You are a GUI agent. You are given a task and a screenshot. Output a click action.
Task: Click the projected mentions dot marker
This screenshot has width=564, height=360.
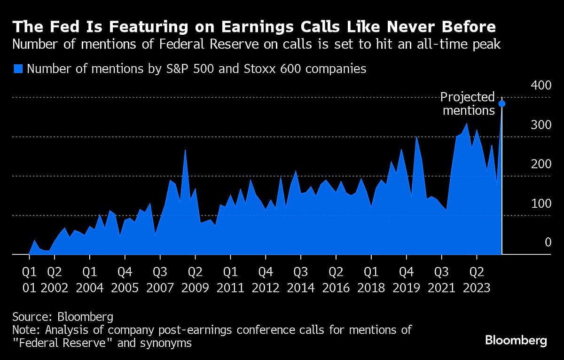click(502, 104)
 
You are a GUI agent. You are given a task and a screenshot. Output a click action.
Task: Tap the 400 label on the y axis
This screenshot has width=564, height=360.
click(541, 86)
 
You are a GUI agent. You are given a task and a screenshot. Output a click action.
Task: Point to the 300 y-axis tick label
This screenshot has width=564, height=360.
click(541, 125)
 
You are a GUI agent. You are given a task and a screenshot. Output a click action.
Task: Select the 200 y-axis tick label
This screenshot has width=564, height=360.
click(541, 164)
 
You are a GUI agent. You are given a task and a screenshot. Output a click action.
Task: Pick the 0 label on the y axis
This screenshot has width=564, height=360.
click(548, 243)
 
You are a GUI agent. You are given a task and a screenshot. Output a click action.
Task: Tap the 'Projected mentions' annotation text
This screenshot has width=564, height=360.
click(468, 104)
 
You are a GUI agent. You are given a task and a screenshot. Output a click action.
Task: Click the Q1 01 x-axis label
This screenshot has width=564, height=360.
click(29, 280)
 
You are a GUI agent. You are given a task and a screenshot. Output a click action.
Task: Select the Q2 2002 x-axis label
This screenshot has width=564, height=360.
click(55, 280)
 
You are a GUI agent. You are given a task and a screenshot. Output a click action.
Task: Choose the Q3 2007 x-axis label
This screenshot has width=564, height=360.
click(160, 280)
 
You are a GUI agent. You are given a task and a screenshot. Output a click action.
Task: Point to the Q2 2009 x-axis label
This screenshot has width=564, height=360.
click(195, 280)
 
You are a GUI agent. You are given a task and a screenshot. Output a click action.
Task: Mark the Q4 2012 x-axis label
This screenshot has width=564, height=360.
click(266, 280)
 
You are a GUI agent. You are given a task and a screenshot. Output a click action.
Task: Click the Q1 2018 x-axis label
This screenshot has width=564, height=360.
click(371, 280)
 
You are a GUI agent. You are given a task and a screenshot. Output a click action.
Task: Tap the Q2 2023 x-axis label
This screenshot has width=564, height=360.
click(477, 280)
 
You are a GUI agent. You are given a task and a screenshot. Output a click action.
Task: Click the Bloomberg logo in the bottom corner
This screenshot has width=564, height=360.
click(516, 341)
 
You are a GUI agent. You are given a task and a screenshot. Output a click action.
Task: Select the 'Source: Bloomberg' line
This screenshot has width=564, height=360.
click(63, 316)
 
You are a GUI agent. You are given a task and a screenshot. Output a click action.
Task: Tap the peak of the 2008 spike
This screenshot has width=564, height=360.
click(185, 150)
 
